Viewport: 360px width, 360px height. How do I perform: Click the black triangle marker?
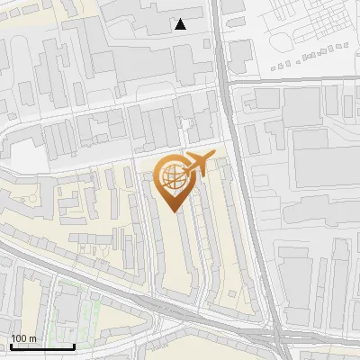tap(181, 24)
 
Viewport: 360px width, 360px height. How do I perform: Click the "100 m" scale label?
tap(24, 338)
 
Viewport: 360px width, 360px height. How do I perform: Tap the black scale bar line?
tap(42, 346)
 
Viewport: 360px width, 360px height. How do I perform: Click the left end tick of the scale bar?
tap(11, 345)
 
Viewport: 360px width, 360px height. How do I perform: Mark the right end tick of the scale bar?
tap(75, 345)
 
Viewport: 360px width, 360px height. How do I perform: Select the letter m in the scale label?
tap(32, 338)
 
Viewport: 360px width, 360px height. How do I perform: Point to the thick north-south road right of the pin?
tap(243, 180)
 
